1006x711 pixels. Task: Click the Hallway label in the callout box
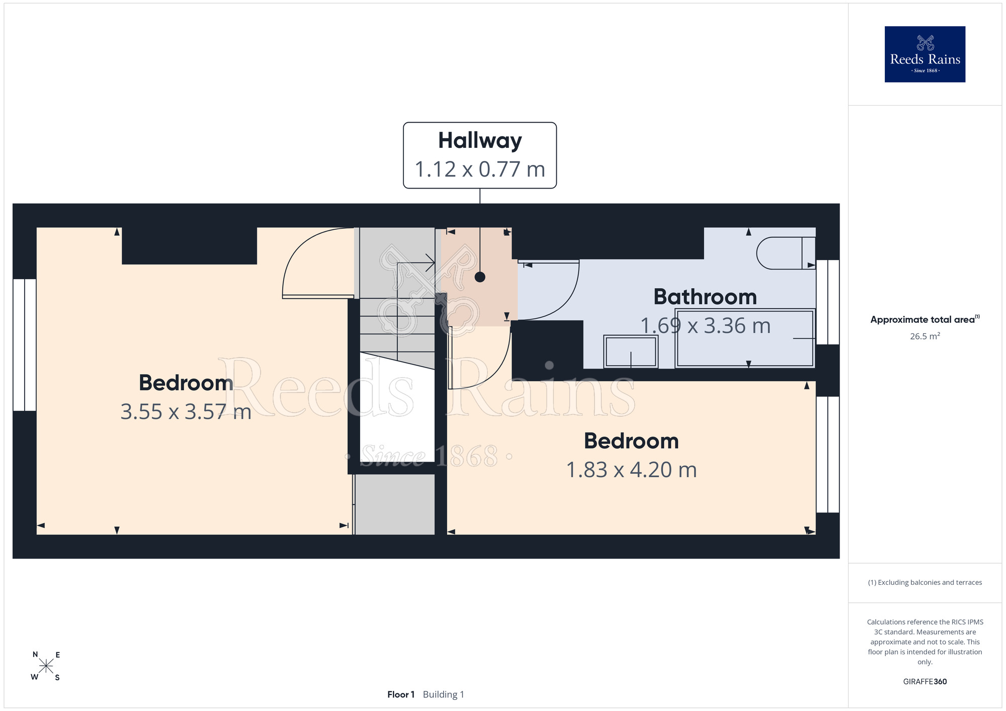[x=480, y=141]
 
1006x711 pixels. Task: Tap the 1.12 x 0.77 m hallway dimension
[x=480, y=169]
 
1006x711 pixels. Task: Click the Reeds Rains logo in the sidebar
[x=925, y=54]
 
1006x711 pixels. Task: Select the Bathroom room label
[x=705, y=297]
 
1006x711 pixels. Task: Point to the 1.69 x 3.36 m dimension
[x=705, y=326]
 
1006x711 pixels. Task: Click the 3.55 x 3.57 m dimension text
[x=186, y=412]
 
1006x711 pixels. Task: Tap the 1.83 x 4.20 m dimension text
[x=631, y=470]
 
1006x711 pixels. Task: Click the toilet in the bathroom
[x=786, y=253]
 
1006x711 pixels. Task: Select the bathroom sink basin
[x=631, y=351]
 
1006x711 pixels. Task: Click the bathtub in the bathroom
[x=745, y=338]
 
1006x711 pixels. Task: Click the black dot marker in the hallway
[x=480, y=277]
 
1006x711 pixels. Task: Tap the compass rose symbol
[x=46, y=666]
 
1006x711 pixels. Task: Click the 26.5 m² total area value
[x=925, y=336]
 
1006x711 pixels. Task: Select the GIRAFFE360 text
[x=925, y=682]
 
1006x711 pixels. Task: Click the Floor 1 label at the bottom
[x=401, y=694]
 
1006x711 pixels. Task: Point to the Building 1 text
[x=443, y=694]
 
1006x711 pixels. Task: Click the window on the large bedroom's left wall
[x=24, y=345]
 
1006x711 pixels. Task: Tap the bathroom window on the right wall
[x=827, y=302]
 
